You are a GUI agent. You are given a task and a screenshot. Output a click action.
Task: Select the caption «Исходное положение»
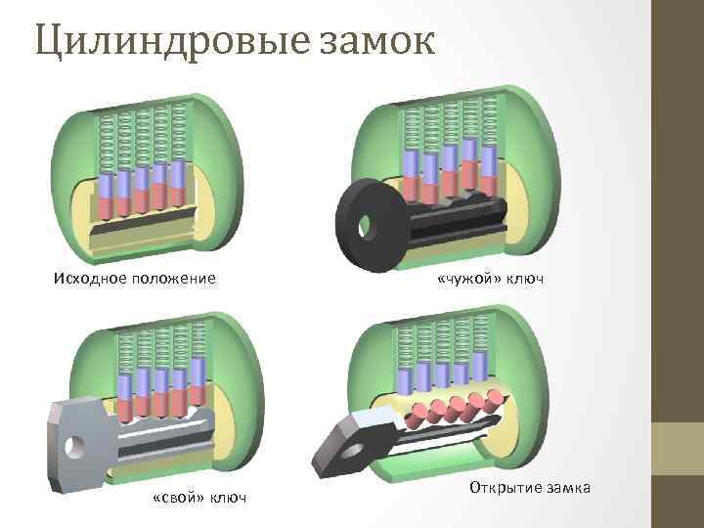pyautogui.click(x=135, y=279)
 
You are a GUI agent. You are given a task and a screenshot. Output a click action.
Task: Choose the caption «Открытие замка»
pyautogui.click(x=530, y=487)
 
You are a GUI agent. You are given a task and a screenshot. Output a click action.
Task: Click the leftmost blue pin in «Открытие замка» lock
pyautogui.click(x=405, y=380)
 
